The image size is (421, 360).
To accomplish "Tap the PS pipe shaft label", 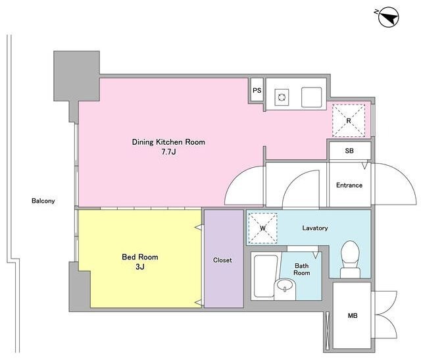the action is [257, 91].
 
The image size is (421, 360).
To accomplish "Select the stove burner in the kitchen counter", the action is [282, 97].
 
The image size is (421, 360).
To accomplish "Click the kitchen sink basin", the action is [311, 97].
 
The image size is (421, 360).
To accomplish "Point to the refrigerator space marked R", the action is [349, 120].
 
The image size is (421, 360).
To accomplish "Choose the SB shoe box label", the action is [349, 151].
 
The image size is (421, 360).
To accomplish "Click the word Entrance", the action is [349, 185].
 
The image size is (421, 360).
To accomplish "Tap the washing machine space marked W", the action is [262, 228].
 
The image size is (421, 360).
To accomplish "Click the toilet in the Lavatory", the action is [350, 259].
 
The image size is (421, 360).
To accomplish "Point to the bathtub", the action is [266, 276].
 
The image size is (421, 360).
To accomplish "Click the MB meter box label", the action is [353, 316].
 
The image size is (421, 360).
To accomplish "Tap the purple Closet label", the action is [222, 260].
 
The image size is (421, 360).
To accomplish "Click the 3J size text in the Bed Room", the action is [140, 267].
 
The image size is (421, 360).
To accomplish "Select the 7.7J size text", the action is [168, 152].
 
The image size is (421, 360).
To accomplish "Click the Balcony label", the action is [43, 201].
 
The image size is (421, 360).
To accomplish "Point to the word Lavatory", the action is [315, 228].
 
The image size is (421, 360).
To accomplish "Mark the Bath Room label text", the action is [301, 269].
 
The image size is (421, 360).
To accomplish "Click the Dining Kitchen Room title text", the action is [168, 142].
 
